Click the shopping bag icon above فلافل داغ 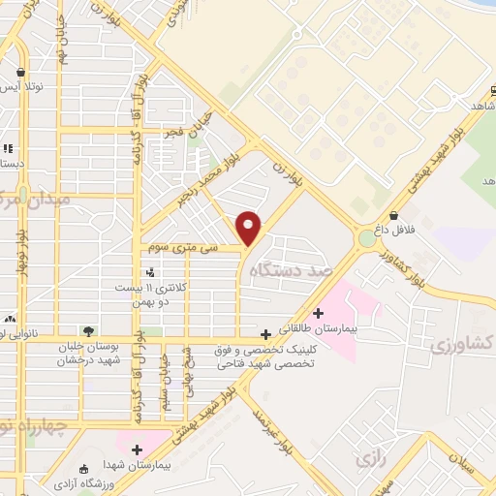(x=393, y=215)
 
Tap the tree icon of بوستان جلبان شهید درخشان (x=89, y=331)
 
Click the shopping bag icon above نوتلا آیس (x=20, y=73)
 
